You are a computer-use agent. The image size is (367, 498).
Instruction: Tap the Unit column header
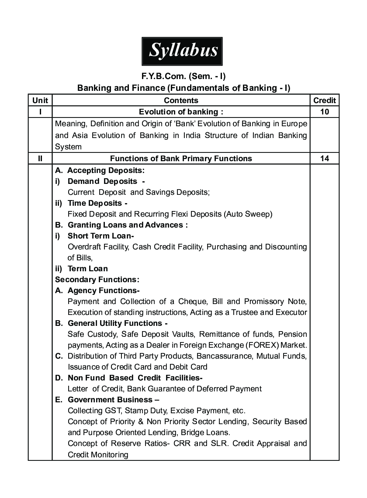click(40, 100)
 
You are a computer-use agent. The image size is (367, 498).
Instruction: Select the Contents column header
click(181, 100)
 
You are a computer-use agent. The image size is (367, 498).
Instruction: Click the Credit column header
click(325, 100)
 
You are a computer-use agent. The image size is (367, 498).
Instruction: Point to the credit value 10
click(325, 112)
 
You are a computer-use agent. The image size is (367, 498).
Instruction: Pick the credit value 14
click(325, 159)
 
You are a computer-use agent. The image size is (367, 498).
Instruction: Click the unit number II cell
click(40, 159)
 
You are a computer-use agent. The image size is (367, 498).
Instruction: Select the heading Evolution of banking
click(181, 112)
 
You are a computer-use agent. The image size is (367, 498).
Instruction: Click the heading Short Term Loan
click(100, 236)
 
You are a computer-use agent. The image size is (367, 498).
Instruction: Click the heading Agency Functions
click(103, 290)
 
